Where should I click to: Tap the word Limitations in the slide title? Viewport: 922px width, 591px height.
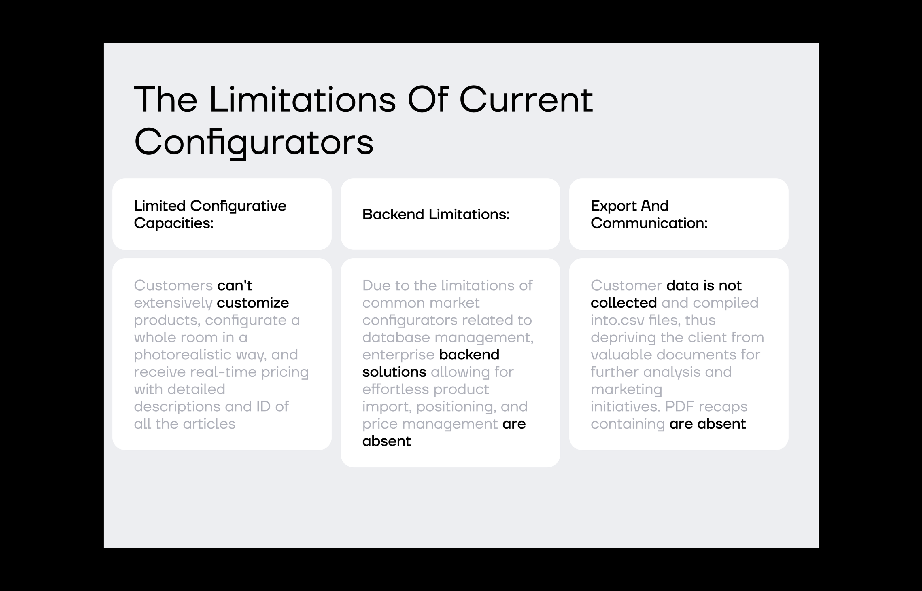303,99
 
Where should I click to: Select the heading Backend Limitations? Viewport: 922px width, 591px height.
436,214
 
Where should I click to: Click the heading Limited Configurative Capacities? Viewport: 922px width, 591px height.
210,215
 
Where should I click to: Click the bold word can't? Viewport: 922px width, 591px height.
235,285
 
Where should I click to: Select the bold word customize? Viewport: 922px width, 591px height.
253,303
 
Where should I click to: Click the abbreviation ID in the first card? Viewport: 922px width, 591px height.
263,406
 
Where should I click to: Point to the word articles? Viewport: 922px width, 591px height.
209,424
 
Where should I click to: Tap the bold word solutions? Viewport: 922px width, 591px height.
394,372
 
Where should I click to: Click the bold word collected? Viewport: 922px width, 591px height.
624,303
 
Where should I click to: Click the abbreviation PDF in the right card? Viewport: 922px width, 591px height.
680,406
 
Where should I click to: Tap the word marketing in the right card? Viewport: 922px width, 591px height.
626,389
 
